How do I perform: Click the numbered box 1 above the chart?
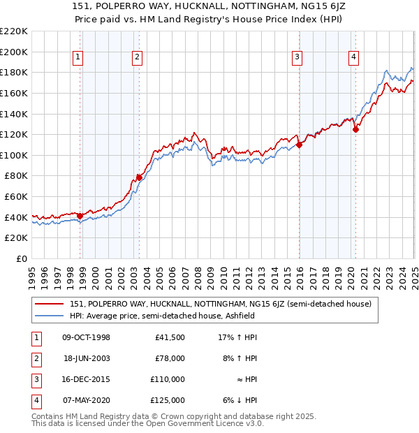click(x=78, y=57)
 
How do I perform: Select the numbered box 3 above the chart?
click(x=297, y=57)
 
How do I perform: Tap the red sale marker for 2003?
click(x=139, y=177)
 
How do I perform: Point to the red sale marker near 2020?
click(x=355, y=129)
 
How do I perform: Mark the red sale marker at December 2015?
click(x=299, y=145)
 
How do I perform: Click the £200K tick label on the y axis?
click(x=15, y=52)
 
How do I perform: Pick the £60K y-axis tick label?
click(x=17, y=197)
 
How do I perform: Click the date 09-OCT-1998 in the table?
click(x=86, y=337)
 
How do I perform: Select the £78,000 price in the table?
click(x=170, y=358)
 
